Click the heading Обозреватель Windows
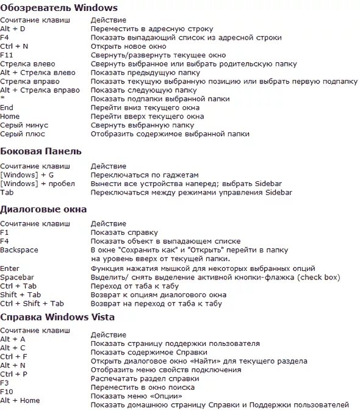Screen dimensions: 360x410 point(59,7)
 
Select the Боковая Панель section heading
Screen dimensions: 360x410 point(41,151)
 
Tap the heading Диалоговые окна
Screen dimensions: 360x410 point(43,209)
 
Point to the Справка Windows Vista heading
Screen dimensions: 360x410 point(57,317)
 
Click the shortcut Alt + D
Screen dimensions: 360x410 point(13,29)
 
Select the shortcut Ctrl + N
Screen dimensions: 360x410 point(13,46)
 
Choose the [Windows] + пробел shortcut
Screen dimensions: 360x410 point(37,183)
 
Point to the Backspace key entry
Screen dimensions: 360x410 point(19,250)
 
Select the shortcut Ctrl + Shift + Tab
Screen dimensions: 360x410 point(32,303)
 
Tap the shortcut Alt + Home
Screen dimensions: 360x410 point(20,400)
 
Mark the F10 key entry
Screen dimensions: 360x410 point(7,391)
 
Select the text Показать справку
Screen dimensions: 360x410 point(124,232)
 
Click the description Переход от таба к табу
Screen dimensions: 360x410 point(135,286)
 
